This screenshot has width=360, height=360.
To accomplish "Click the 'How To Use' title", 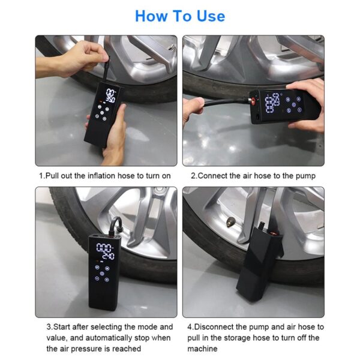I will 180,16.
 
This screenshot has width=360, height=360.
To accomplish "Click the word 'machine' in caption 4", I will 202,349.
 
